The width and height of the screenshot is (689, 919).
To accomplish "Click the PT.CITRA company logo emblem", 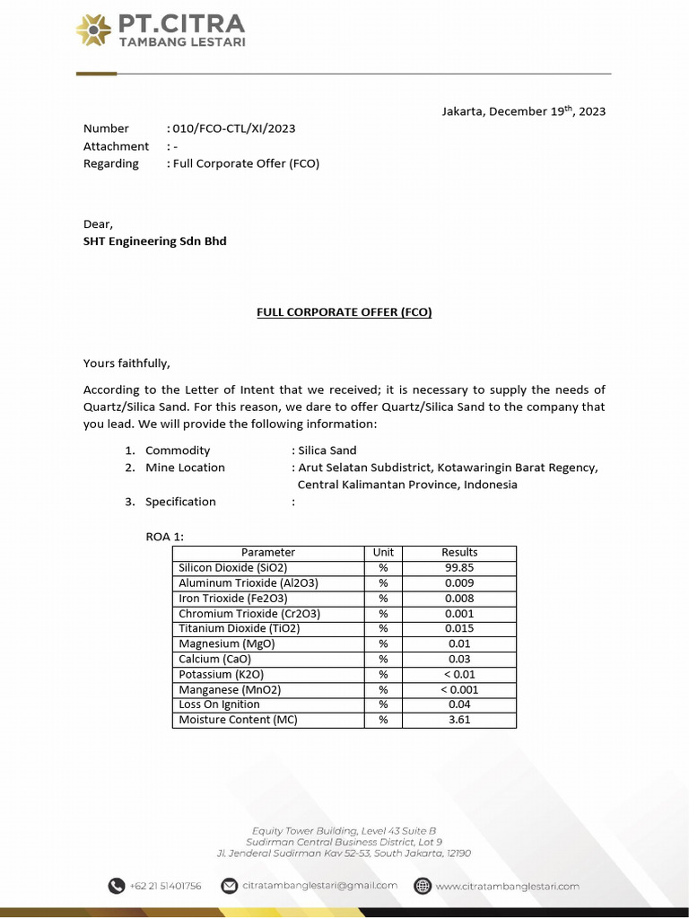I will pyautogui.click(x=94, y=31).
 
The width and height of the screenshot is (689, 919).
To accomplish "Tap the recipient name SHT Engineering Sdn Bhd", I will pyautogui.click(x=154, y=241).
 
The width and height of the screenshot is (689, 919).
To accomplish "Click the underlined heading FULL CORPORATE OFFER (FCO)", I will pyautogui.click(x=344, y=312).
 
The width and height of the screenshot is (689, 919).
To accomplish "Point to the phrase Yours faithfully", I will pyautogui.click(x=126, y=363).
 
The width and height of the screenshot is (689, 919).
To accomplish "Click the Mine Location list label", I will pyautogui.click(x=185, y=468).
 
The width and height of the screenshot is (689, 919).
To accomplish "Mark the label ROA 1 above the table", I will pyautogui.click(x=165, y=536).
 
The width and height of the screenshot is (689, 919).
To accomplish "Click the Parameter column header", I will pyautogui.click(x=267, y=553).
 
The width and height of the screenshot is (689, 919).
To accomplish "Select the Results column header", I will pyautogui.click(x=459, y=553).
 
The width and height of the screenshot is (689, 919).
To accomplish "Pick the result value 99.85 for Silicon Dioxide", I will pyautogui.click(x=459, y=568).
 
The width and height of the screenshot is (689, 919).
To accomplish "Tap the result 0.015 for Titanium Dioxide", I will pyautogui.click(x=459, y=629).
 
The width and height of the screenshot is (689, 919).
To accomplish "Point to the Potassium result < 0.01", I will pyautogui.click(x=459, y=675).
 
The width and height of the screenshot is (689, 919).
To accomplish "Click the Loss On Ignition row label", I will pyautogui.click(x=219, y=705).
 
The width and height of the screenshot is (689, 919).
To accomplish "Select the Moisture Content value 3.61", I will pyautogui.click(x=459, y=720).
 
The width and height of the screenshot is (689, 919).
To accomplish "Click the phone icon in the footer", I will pyautogui.click(x=117, y=886).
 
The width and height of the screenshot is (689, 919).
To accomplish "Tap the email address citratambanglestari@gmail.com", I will pyautogui.click(x=319, y=886).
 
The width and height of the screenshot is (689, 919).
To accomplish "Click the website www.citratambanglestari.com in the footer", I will pyautogui.click(x=507, y=886).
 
